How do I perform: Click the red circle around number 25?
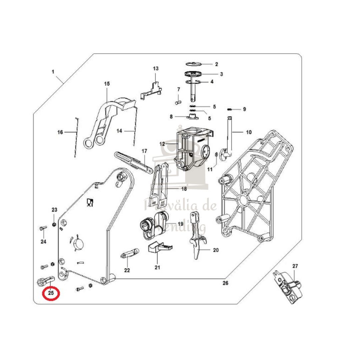pos(51,293)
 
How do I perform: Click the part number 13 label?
pos(156,68)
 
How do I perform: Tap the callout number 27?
pos(295,266)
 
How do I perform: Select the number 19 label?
pos(181,223)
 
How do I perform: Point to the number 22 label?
pos(127,270)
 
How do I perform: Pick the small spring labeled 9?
pos(230,109)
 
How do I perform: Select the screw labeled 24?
pos(42,229)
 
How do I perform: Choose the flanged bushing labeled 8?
pos(192,117)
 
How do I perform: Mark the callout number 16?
pos(60,132)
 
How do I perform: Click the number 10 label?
pos(249,132)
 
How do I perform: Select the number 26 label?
pos(225,283)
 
